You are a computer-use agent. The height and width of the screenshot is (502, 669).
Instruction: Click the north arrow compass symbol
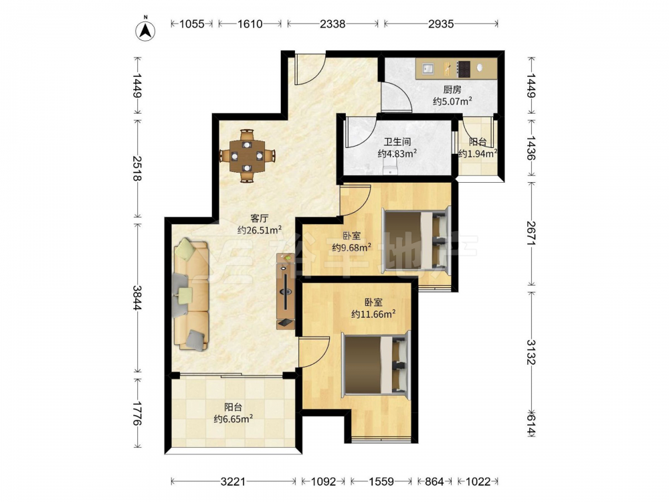point(145,30)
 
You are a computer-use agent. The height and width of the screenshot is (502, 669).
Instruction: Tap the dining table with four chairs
point(247,156)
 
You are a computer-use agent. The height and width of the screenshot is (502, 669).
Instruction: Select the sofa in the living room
point(191,295)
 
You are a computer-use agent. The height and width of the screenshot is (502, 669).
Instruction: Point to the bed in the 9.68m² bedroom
point(416,240)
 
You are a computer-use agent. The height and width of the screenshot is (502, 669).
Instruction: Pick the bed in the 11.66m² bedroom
point(376,364)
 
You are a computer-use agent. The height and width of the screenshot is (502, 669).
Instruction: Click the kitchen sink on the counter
point(428,68)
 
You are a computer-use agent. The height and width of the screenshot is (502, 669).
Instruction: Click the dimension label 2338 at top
point(332,24)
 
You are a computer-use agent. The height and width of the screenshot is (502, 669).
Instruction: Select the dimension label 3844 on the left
point(136,298)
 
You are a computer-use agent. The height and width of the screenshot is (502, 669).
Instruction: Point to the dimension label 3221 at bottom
point(233,482)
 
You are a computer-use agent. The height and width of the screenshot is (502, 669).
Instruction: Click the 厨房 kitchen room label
point(452,90)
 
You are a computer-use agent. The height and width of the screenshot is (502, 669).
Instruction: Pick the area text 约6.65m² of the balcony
point(233,419)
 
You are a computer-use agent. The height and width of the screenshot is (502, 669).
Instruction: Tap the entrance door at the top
point(311,68)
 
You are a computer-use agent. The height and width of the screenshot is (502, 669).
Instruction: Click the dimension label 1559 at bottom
point(381,482)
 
